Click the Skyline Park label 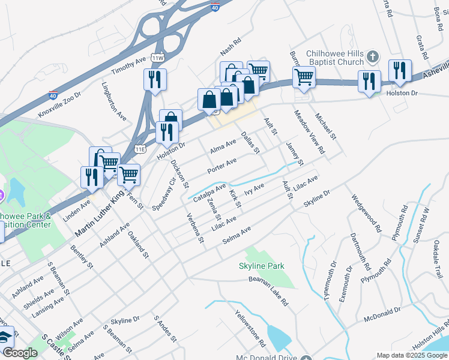[261, 265]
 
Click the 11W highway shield [158, 58]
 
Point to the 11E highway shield [140, 148]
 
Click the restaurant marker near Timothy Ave [155, 79]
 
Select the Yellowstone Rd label [250, 328]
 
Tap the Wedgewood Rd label [367, 213]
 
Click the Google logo [20, 353]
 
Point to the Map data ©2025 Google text [412, 355]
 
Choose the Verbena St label [196, 229]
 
